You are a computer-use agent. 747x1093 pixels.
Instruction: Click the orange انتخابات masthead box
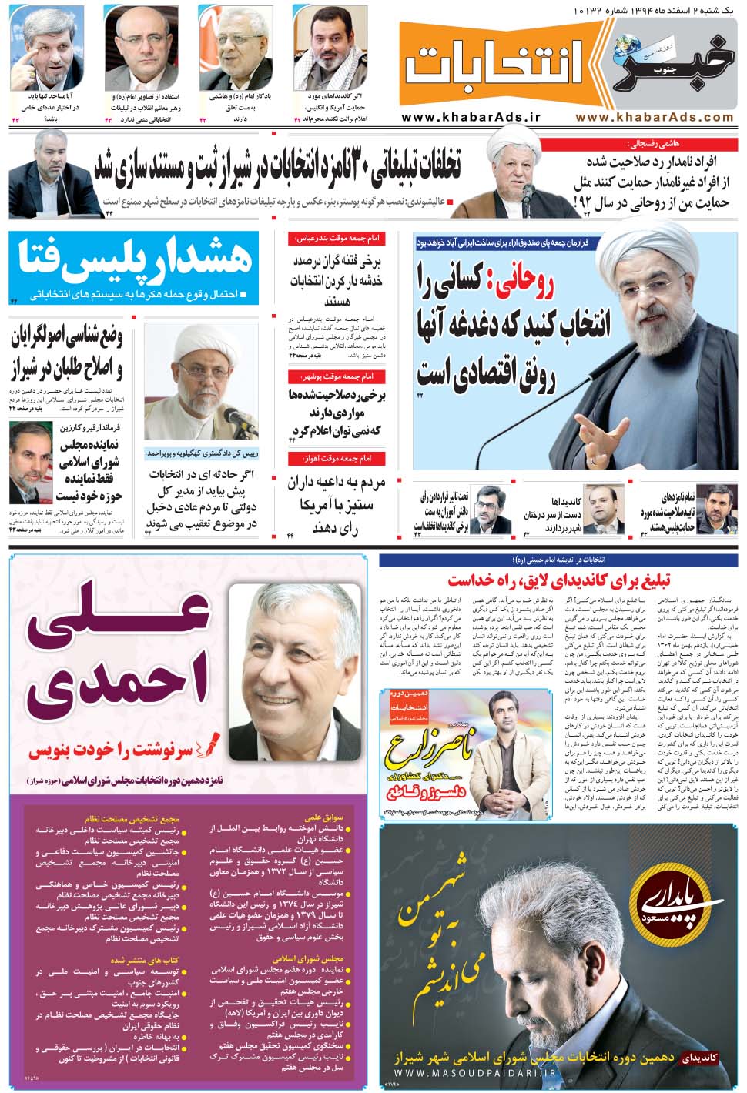pyautogui.click(x=493, y=69)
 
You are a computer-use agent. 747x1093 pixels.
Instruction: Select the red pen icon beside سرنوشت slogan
pyautogui.click(x=209, y=745)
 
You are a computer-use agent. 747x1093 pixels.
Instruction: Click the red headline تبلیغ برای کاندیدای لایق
pyautogui.click(x=558, y=580)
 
